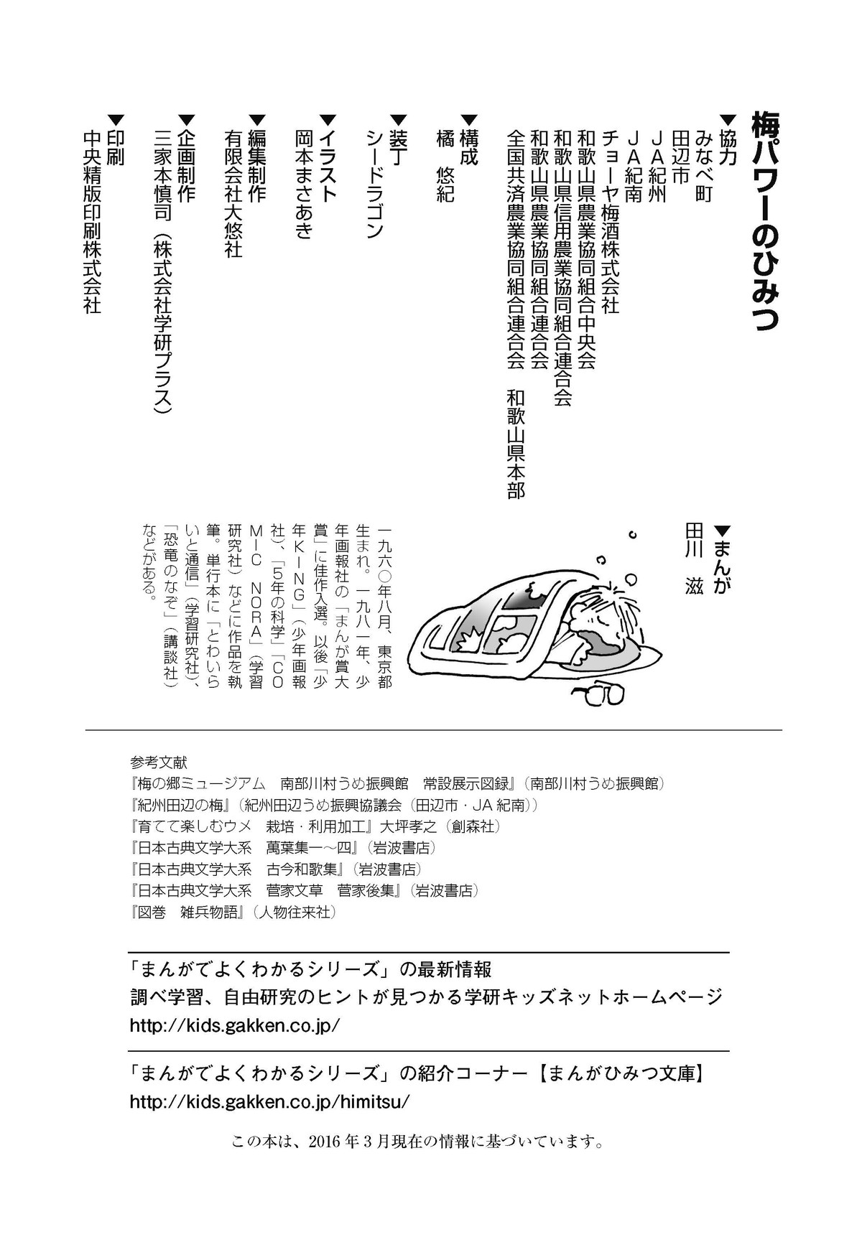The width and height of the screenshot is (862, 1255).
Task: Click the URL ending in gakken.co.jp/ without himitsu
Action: coord(234,1025)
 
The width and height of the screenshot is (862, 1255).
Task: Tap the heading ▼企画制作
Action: coord(185,158)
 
